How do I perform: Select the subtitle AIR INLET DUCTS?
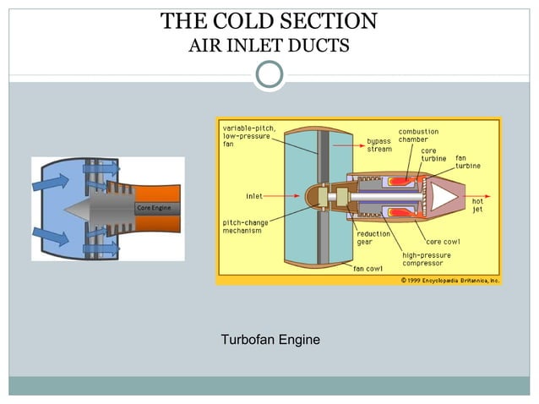269,45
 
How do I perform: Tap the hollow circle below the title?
269,74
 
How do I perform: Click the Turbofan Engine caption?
269,341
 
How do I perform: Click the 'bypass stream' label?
379,145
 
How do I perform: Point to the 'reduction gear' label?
372,237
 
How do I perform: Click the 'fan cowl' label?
369,270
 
